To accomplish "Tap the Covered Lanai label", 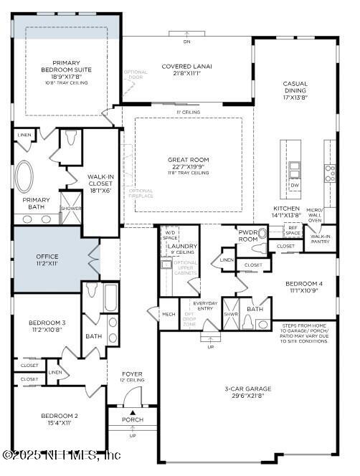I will pos(186,67).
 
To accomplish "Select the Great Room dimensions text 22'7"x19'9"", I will pos(188,166).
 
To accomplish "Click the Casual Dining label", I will pos(295,88).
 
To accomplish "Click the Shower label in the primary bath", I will pos(70,208).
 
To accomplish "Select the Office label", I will pos(47,256).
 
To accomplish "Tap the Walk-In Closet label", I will pos(100,180).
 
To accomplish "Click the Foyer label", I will pos(132,373).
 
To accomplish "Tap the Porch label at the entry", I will pos(132,419).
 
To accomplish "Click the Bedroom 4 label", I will pos(303,283).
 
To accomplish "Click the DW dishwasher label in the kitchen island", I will pos(295,185).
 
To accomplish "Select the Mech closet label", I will pos(168,314).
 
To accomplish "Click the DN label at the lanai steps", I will pos(186,42).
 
